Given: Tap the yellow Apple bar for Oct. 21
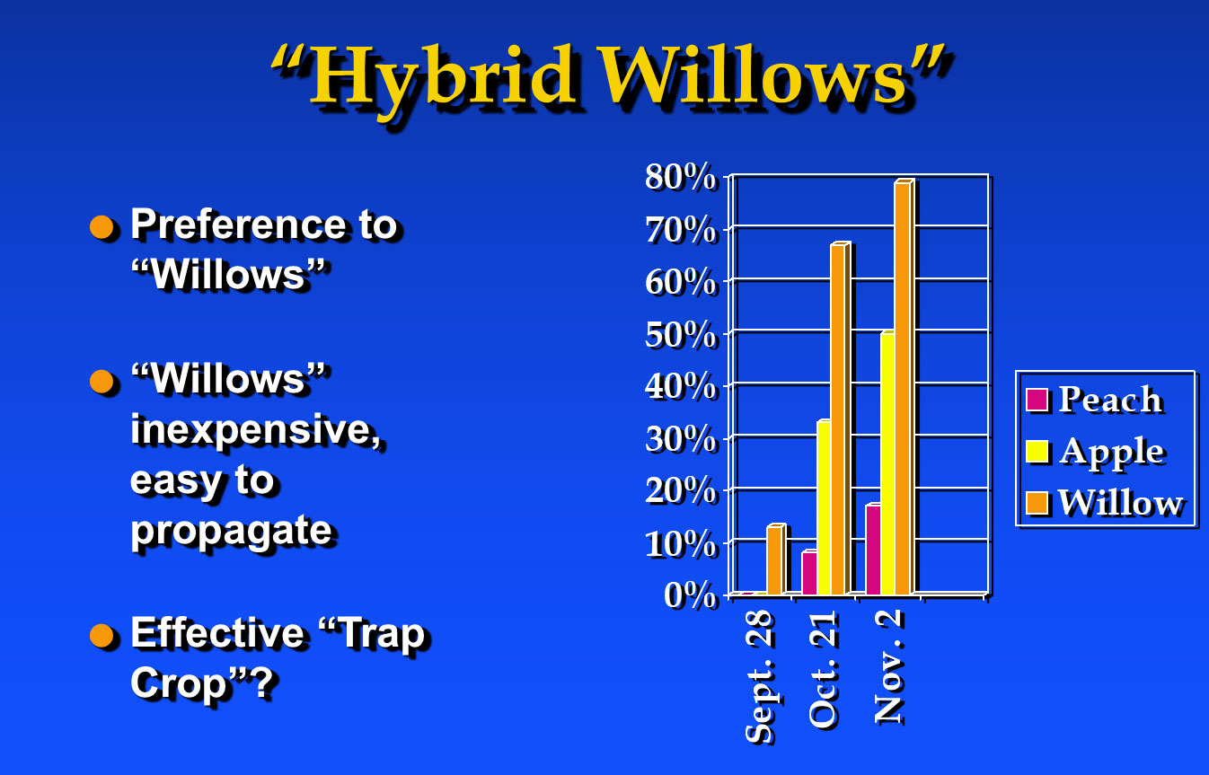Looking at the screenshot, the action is tap(824, 507).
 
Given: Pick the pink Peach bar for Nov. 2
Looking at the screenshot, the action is tap(873, 550).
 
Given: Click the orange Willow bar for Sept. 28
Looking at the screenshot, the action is tap(776, 559).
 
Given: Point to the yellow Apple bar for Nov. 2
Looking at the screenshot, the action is tap(887, 463).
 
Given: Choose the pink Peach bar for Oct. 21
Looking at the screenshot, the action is tap(809, 573).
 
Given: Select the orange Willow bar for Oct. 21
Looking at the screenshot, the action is tap(841, 418).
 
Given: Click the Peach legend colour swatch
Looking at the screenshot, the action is tap(1037, 400).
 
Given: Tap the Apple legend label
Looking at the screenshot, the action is tap(1111, 452).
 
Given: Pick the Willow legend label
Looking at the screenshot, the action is tap(1120, 503).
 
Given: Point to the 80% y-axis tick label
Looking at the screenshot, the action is tap(680, 177).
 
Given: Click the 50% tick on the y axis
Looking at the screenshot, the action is tap(680, 335).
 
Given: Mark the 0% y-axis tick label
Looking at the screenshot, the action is tap(690, 595).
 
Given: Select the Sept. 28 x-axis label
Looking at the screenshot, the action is tap(760, 677).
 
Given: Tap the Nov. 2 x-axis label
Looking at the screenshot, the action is tap(887, 666).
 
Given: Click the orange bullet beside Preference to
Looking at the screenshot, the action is tap(101, 226).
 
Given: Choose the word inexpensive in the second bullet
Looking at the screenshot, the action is tap(257, 431).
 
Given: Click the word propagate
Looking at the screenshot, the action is tap(232, 533).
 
